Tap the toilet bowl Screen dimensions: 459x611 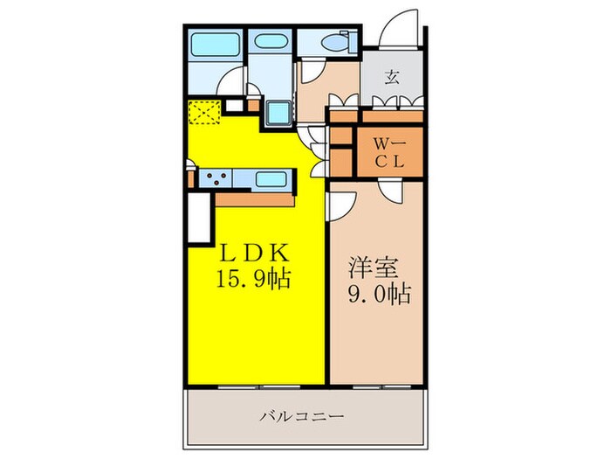pos(333,43)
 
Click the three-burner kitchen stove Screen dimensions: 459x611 pos(219,180)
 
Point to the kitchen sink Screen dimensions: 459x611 pos(273,180)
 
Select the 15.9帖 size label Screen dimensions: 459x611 pos(253,281)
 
